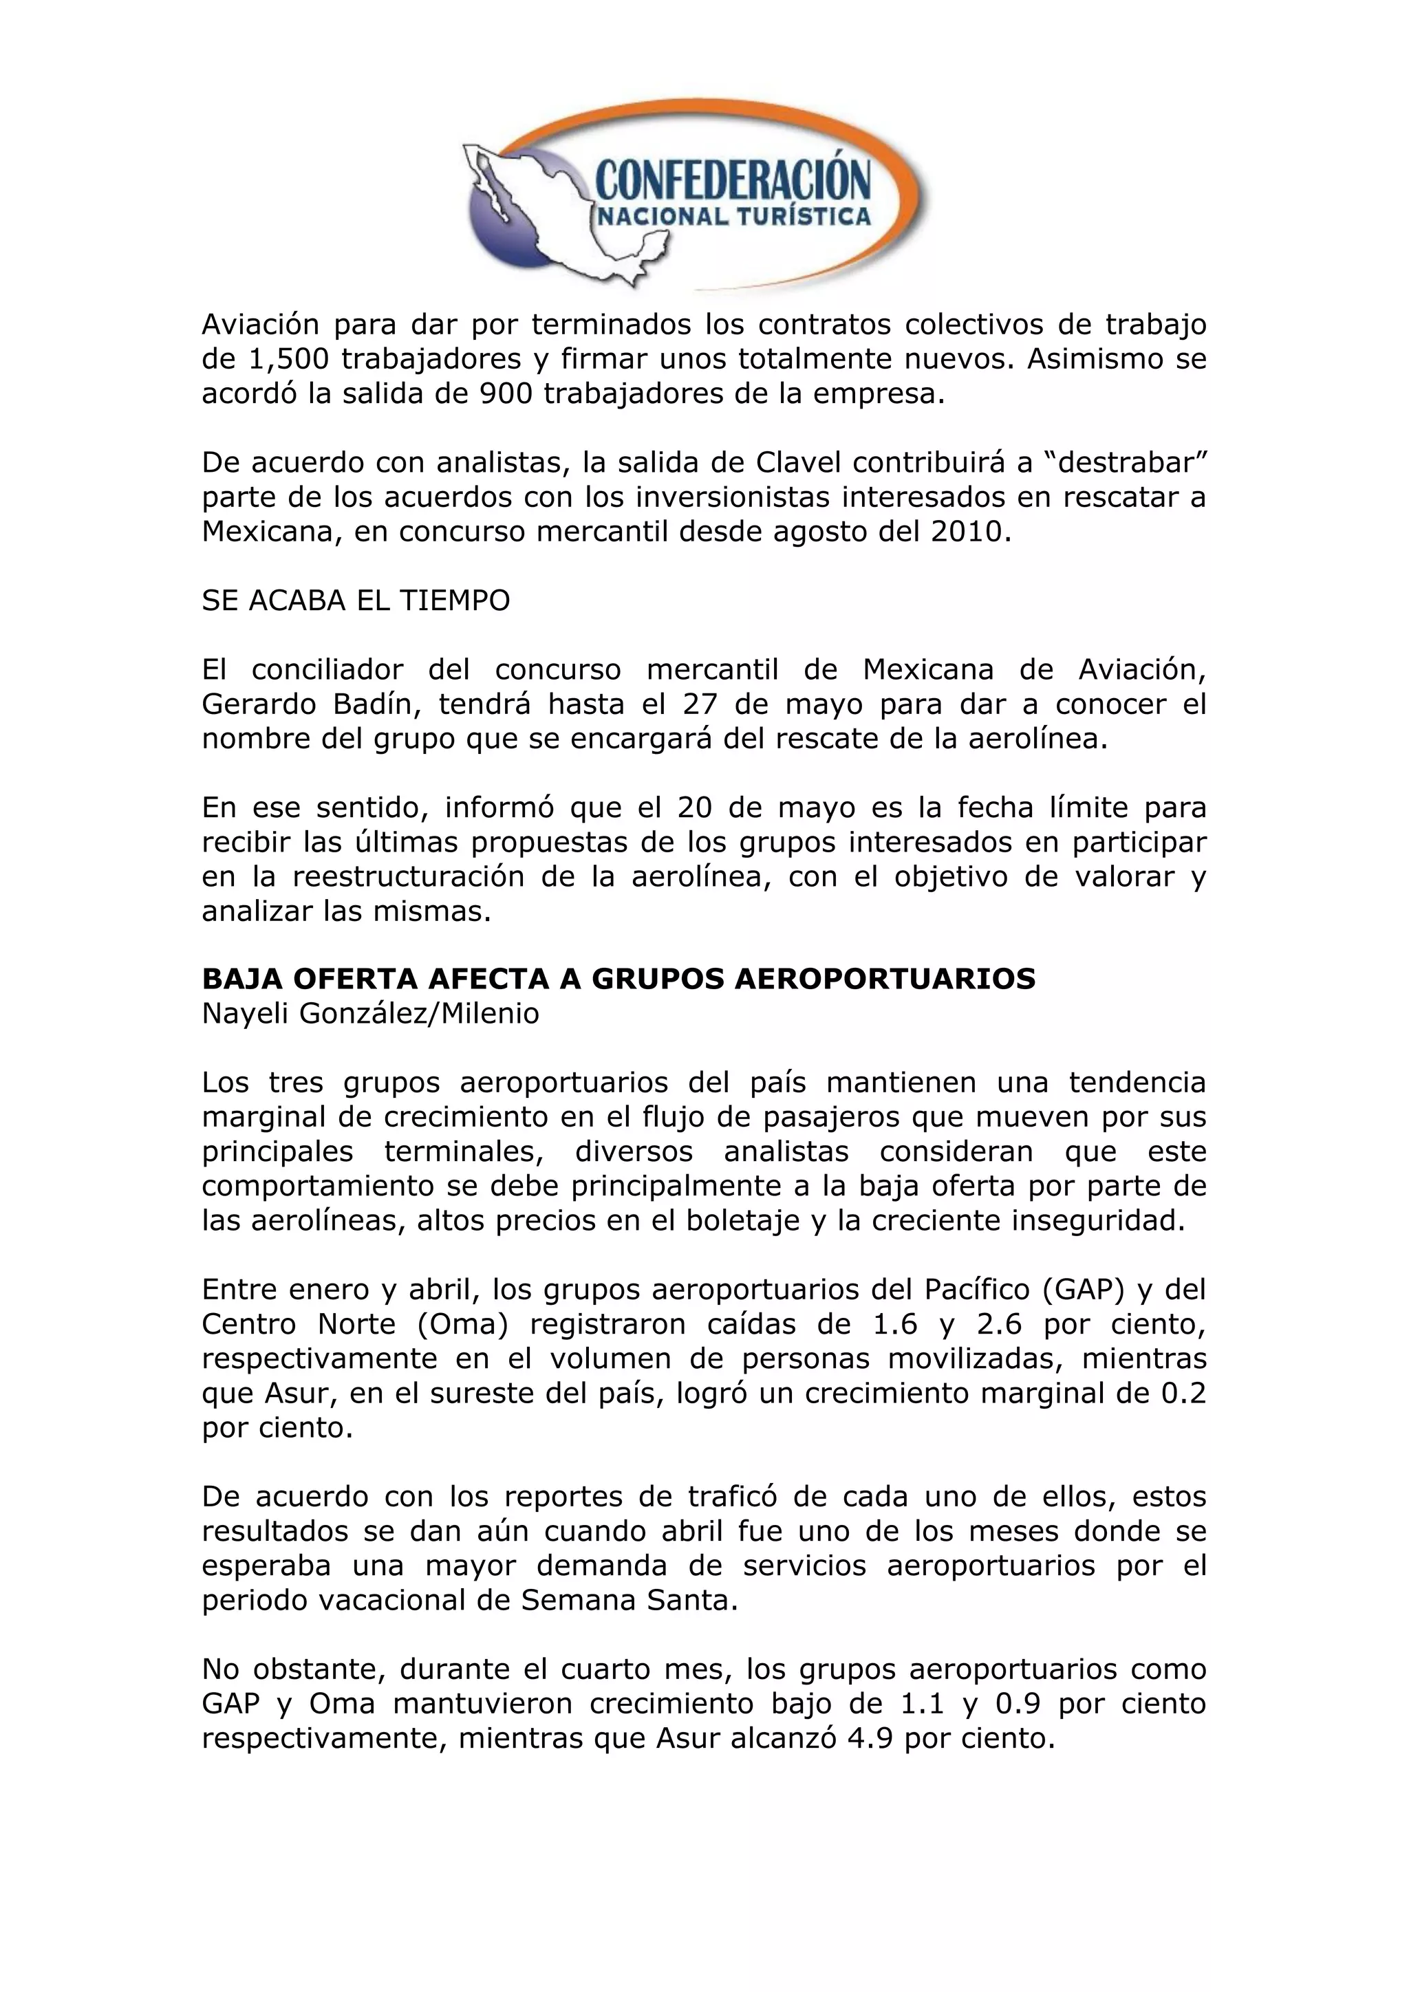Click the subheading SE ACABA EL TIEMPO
[x=356, y=601]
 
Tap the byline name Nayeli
[x=246, y=1014]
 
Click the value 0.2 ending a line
[x=1183, y=1394]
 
